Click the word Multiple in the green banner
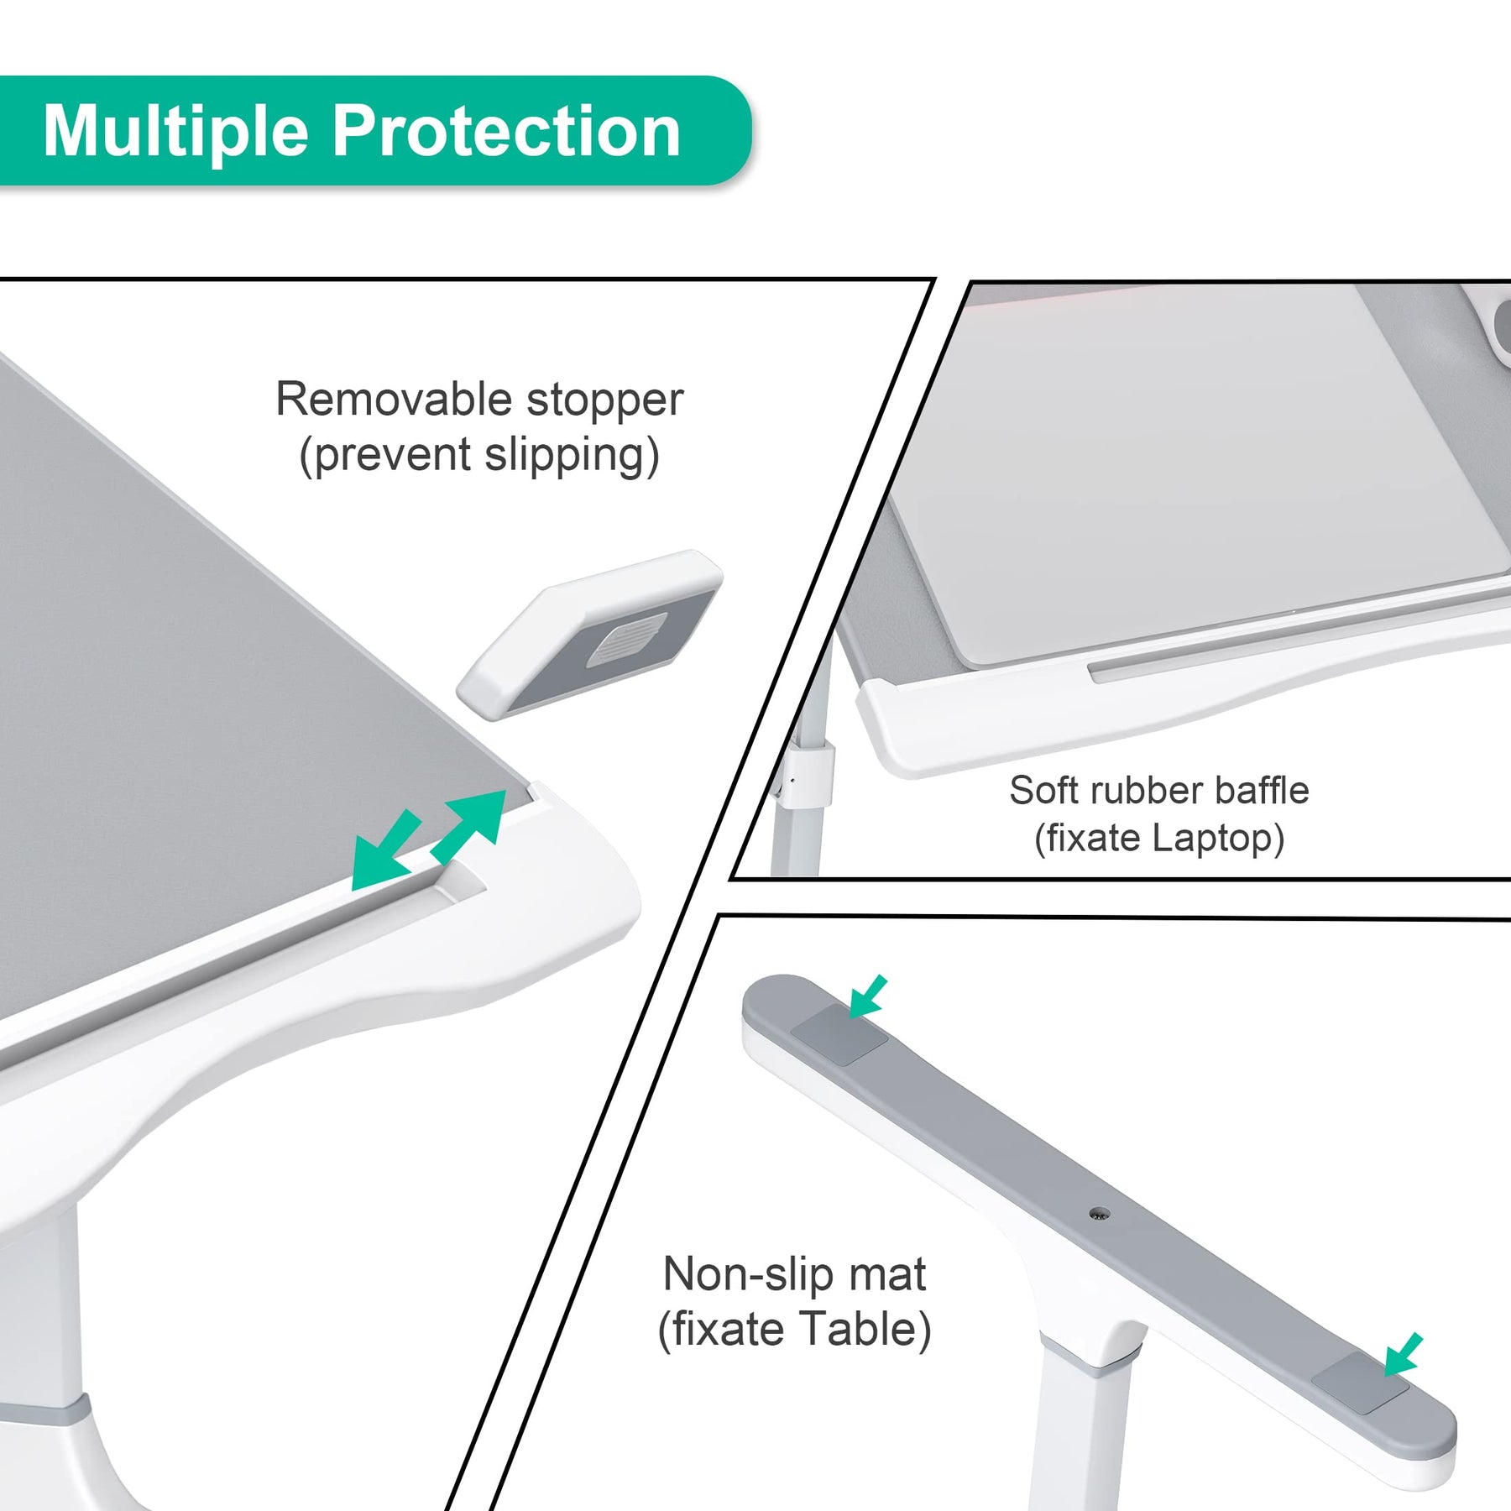click(x=176, y=131)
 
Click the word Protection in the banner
click(x=507, y=131)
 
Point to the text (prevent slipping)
click(x=479, y=456)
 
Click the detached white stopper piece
click(x=590, y=634)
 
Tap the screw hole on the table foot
click(x=1099, y=1213)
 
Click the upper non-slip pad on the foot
click(x=839, y=1035)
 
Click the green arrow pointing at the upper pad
click(x=868, y=996)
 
